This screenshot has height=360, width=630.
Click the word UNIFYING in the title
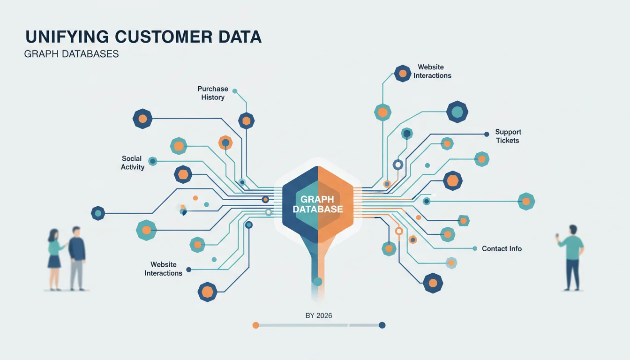pos(67,37)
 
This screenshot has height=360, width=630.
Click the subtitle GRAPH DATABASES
pos(71,54)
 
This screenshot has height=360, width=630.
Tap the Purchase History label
pos(213,93)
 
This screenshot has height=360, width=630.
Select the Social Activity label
pos(133,163)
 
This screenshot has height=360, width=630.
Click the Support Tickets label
pos(508,136)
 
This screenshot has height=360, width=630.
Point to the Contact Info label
pos(502,248)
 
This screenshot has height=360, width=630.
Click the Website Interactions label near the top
pos(432,71)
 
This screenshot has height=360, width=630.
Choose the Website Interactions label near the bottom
pos(164,269)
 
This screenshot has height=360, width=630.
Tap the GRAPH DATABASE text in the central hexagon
pos(318,204)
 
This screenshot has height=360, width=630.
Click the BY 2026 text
pos(319,315)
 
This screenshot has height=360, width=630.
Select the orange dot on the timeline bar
pos(255,325)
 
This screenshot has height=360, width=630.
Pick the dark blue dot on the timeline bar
pos(382,325)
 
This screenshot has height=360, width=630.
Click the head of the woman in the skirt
pos(53,234)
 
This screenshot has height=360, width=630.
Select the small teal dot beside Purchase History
pos(235,91)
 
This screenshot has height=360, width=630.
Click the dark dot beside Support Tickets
pos(487,135)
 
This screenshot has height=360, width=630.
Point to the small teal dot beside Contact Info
pos(475,248)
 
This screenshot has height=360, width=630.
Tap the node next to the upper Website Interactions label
pos(403,74)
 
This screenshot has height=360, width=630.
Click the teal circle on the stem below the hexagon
pos(317,282)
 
